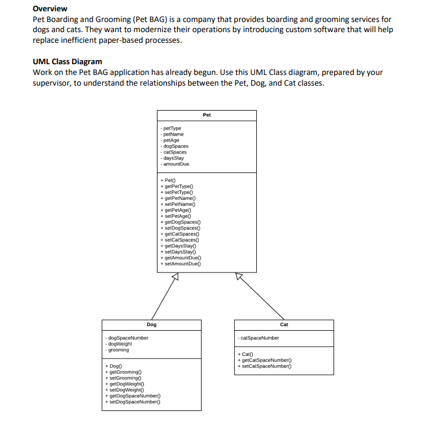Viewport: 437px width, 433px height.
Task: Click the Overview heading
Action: pos(50,9)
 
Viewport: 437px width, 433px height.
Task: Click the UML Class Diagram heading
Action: pos(67,61)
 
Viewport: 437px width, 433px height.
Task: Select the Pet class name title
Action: pos(206,115)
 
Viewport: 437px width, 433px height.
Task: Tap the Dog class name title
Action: pos(152,325)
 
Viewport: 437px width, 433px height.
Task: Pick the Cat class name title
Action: pos(284,325)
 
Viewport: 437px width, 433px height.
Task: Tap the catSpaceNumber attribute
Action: pos(259,338)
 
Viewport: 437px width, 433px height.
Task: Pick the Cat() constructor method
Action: pos(246,354)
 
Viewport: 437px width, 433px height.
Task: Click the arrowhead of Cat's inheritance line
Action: pos(239,277)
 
